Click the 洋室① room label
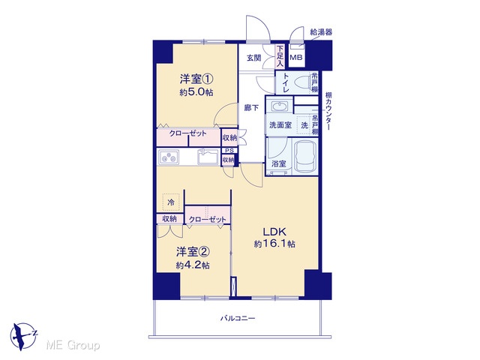pos(196,79)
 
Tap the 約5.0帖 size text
pos(196,92)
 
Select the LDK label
pos(274,232)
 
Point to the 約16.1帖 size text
pos(274,244)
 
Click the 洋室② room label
pos(193,252)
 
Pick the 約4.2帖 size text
pos(193,265)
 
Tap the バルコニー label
pos(238,318)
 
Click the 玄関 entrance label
pos(253,58)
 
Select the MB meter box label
pos(296,57)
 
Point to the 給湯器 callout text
pos(321,32)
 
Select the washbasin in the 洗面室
pos(279,107)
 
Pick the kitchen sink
pos(208,157)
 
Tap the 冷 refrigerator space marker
pos(171,202)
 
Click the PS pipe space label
pos(229,151)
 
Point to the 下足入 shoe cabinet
pos(280,56)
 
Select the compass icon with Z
pos(23,337)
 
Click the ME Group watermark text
pos(73,346)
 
